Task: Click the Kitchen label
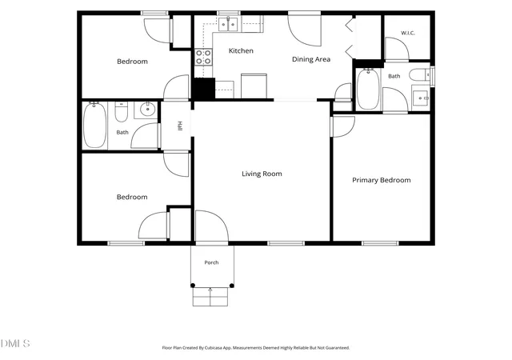[241, 50]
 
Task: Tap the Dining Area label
[311, 59]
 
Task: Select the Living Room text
[262, 174]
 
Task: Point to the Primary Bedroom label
[382, 180]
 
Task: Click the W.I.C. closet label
[408, 33]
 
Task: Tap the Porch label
[211, 262]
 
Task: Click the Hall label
[179, 126]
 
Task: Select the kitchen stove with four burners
[203, 57]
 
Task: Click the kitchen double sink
[228, 24]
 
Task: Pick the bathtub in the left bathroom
[94, 125]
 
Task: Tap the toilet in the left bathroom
[121, 112]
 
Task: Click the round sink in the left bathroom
[147, 110]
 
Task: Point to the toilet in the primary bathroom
[419, 74]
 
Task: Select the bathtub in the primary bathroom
[368, 89]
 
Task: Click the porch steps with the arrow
[210, 297]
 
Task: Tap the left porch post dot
[193, 286]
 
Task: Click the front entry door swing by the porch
[211, 226]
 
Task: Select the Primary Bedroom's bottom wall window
[380, 243]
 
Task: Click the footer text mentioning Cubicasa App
[256, 348]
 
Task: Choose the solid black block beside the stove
[205, 88]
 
